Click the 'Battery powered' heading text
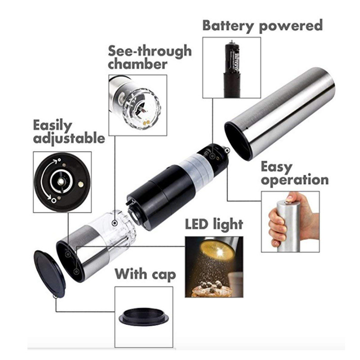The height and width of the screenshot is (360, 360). pos(262,25)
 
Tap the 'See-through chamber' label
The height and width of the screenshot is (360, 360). pos(149,57)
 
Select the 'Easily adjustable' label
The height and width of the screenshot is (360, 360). pos(69,131)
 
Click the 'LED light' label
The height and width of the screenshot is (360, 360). pos(214,224)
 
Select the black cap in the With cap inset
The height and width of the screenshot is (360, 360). pos(144,315)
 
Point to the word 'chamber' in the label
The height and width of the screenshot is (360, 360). pos(138,63)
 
